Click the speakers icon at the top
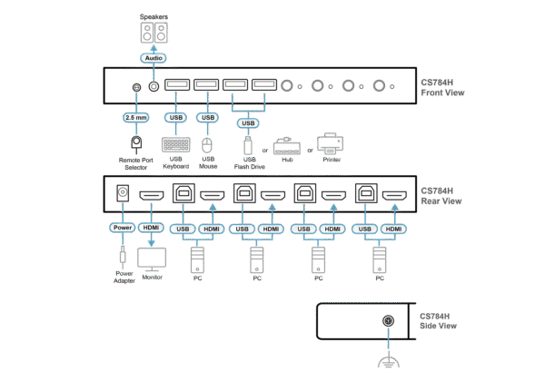click(154, 34)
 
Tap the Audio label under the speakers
click(154, 58)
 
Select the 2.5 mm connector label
click(135, 118)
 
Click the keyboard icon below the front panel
click(175, 145)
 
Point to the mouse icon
click(207, 145)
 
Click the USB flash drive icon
click(246, 144)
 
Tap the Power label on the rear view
click(123, 227)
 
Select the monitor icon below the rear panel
click(151, 258)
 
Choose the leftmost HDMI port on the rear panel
click(151, 194)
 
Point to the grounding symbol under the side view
click(389, 361)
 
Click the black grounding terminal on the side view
click(389, 320)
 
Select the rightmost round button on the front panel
click(379, 87)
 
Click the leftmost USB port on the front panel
click(177, 86)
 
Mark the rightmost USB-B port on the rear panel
click(364, 193)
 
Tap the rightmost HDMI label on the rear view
click(392, 228)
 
